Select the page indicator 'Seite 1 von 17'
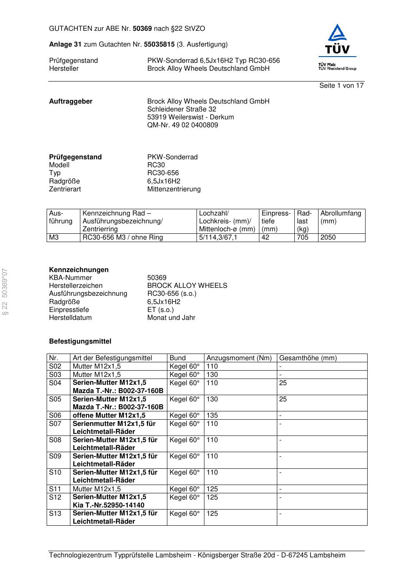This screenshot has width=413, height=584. pos(341,86)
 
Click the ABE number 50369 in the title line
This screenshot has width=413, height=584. pos(142,29)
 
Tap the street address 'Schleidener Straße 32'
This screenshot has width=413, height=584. pos(182,109)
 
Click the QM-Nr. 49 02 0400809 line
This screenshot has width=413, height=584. pos(182,125)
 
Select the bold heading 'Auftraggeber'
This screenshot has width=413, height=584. pos(71,101)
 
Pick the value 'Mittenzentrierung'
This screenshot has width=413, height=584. pos(174,189)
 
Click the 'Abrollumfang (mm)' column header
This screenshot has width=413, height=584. pos(341,217)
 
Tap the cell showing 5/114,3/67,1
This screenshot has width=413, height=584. pos(218,238)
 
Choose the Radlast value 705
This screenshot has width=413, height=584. pos(303,238)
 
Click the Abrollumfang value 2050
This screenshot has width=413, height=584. pos(328,238)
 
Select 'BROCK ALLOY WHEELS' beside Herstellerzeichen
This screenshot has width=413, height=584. pos(187,286)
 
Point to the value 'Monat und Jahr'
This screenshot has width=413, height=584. pos(171,318)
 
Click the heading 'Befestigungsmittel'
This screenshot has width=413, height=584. pos(80,341)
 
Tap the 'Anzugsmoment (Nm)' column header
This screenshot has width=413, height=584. pos(239,358)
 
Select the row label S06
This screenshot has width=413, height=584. pos(55,416)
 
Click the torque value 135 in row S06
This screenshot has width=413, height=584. pos(212,416)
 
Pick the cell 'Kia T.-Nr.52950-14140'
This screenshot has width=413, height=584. pos(108,505)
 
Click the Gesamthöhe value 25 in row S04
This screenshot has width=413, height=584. pos(283,383)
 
